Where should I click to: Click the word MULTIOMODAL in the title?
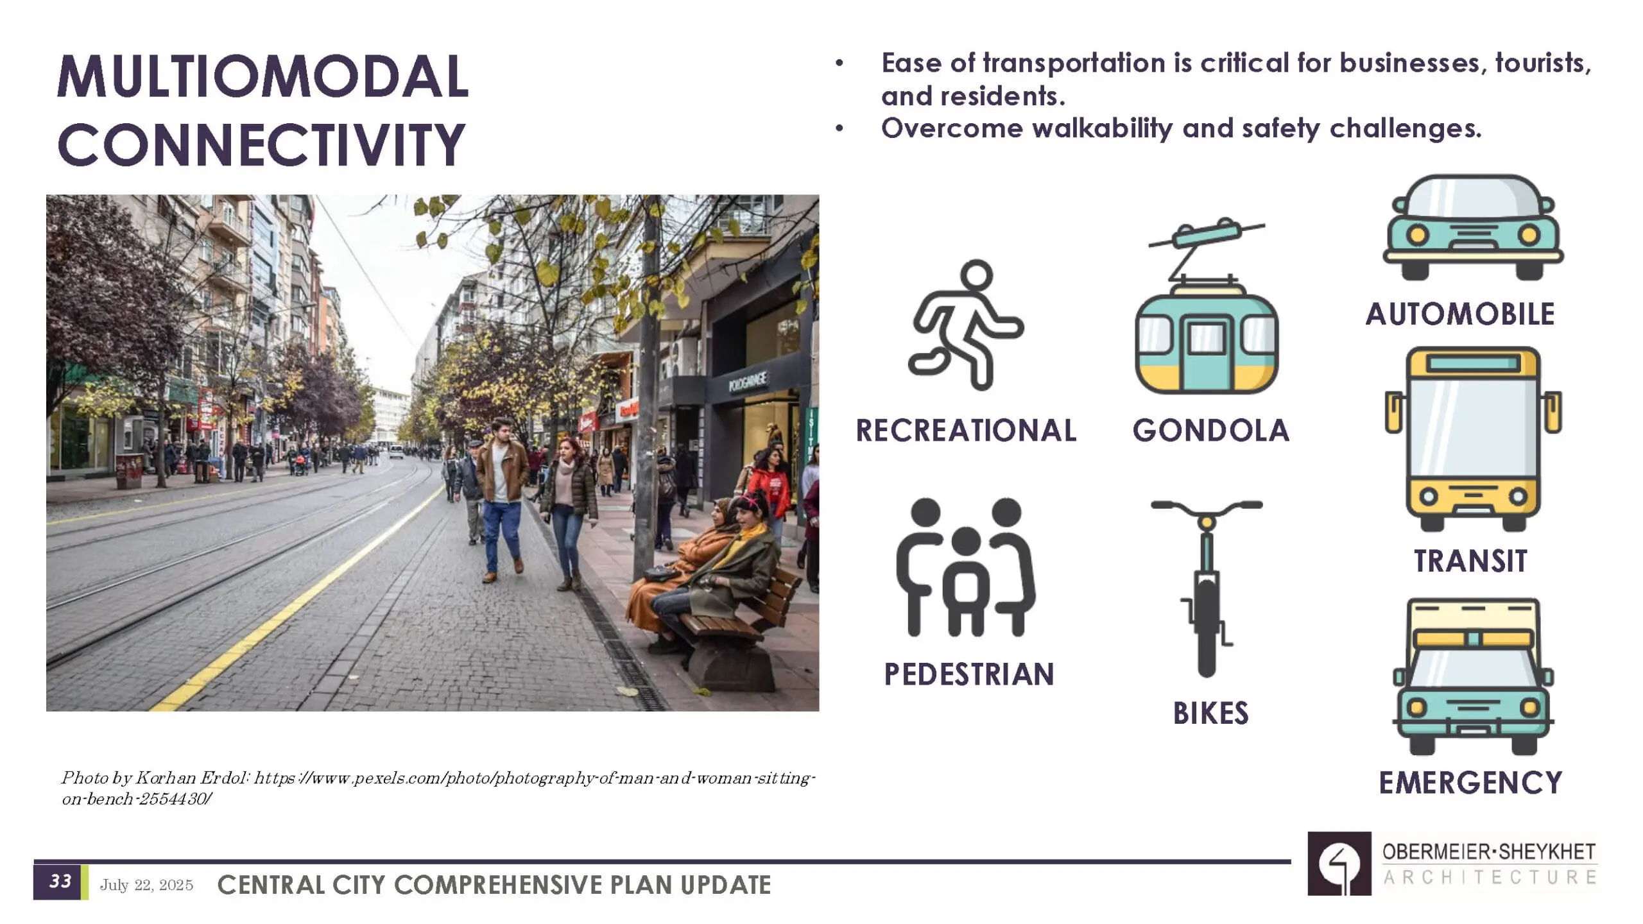pos(263,76)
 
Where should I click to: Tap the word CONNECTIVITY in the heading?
pos(261,144)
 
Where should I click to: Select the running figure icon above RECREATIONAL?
pos(965,325)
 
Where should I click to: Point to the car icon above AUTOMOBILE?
pos(1474,227)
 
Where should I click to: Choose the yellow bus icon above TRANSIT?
pos(1474,439)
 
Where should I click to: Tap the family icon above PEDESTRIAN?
pos(966,567)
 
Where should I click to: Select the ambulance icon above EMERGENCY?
pos(1474,676)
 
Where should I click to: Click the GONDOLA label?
pos(1211,431)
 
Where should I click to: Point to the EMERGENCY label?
pos(1470,783)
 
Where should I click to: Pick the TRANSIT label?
pos(1470,561)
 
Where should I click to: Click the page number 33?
pos(60,881)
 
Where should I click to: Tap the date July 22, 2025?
pos(146,885)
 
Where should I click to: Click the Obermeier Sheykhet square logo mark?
pos(1339,864)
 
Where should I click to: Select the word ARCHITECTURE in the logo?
pos(1490,877)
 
